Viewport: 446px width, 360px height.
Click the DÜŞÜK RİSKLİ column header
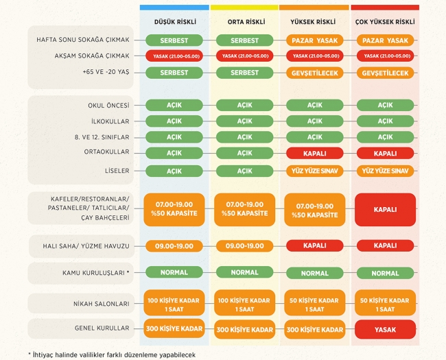[x=174, y=21]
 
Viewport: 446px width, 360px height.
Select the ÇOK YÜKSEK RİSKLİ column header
[x=384, y=21]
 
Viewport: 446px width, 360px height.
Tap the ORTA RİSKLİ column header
[x=244, y=21]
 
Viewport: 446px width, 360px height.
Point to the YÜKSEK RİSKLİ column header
[x=314, y=21]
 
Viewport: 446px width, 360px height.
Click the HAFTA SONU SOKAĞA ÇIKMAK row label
[x=83, y=40]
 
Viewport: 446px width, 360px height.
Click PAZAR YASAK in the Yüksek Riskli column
[x=315, y=40]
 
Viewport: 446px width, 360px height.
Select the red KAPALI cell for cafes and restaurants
[x=385, y=210]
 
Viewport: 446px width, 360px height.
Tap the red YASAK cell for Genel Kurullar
[x=385, y=329]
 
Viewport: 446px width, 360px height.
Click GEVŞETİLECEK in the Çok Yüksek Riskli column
[x=385, y=73]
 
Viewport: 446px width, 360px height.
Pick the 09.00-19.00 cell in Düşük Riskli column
[x=174, y=245]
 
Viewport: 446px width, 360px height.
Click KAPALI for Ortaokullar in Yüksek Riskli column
[x=315, y=153]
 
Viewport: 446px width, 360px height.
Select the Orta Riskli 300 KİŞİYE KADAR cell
[x=244, y=330]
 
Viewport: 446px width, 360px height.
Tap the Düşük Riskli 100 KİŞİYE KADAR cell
[x=174, y=304]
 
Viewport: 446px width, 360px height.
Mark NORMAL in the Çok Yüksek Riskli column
[x=385, y=273]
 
